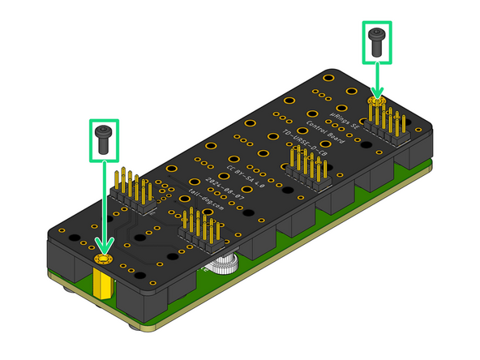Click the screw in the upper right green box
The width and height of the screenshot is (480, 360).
[376, 41]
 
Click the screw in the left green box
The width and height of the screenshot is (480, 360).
[103, 139]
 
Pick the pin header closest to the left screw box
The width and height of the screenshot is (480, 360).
[134, 190]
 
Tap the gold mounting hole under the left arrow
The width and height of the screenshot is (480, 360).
[104, 259]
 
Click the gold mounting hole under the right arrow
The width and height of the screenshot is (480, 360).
[375, 101]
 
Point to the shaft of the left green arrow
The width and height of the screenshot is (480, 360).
[104, 203]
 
